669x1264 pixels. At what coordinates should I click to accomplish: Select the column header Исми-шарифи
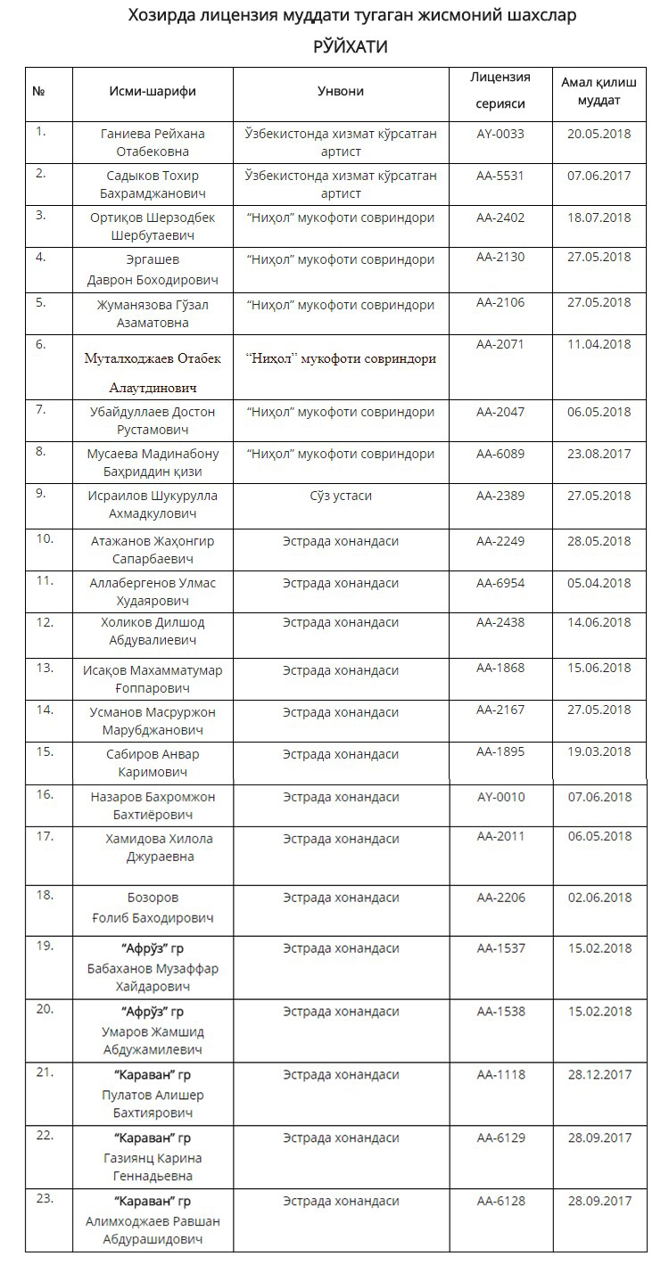[153, 91]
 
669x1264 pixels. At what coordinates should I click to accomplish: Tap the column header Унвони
[341, 91]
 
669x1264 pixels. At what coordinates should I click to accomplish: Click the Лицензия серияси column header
[500, 90]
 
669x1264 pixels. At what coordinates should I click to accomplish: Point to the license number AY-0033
[500, 134]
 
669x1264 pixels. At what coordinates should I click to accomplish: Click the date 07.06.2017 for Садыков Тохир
[599, 175]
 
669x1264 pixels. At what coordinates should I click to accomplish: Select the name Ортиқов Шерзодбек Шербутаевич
[153, 226]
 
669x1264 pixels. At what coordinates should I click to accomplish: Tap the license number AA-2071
[500, 344]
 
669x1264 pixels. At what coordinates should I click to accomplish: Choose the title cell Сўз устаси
[341, 496]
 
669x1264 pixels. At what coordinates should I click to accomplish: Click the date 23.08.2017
[599, 454]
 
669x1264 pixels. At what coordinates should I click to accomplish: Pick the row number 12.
[45, 621]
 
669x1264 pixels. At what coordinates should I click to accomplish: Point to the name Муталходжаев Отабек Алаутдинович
[153, 373]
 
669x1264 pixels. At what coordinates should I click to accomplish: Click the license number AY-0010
[500, 797]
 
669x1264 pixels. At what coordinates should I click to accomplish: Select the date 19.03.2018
[599, 751]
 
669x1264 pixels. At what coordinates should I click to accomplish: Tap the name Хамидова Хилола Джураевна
[153, 848]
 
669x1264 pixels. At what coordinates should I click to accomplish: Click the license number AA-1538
[500, 1011]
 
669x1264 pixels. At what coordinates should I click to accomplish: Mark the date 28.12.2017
[599, 1074]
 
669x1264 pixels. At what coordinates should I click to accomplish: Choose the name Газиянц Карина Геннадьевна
[153, 1167]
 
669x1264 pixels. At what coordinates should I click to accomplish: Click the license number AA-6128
[500, 1201]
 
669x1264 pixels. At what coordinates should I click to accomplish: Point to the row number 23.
[45, 1198]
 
